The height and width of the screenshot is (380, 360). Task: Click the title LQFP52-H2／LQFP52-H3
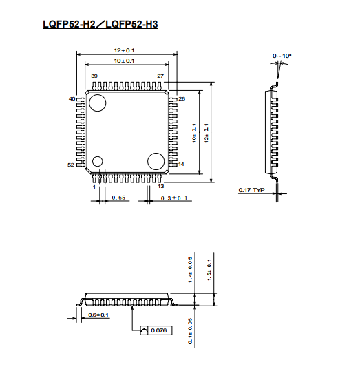point(100,24)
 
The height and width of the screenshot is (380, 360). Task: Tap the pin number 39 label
point(94,76)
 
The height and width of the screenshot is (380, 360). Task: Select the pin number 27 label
point(160,76)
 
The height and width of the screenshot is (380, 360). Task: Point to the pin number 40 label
point(72,98)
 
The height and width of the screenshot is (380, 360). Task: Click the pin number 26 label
point(182,98)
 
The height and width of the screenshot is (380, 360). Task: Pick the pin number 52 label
point(70,165)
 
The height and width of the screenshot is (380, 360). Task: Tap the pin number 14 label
point(181,165)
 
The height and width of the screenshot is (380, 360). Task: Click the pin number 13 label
point(161,186)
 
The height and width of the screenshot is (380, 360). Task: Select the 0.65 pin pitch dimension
point(118,198)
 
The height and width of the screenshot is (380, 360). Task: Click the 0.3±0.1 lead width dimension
point(174,198)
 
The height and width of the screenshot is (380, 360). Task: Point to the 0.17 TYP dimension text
point(251,190)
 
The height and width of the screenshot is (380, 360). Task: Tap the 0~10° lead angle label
point(282,56)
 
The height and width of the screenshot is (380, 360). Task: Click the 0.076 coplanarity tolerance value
point(159,330)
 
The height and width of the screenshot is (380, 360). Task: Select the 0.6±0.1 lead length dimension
point(98,315)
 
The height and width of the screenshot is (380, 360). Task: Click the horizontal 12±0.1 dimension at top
point(124,50)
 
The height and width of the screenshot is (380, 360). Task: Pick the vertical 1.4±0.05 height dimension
point(190,270)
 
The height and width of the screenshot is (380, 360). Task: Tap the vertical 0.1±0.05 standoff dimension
point(190,331)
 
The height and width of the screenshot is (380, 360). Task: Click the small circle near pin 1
point(97,161)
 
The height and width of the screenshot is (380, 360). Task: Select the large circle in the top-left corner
point(97,103)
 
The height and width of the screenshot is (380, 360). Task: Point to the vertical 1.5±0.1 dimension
point(209,270)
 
